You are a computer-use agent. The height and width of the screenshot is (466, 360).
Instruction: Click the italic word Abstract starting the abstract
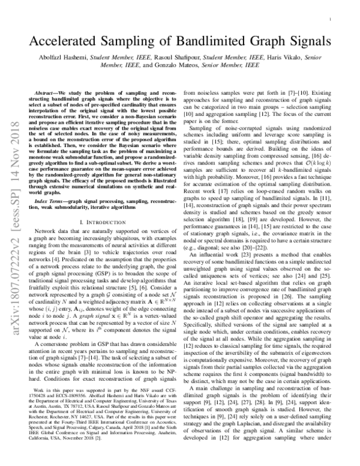tap(50, 94)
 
